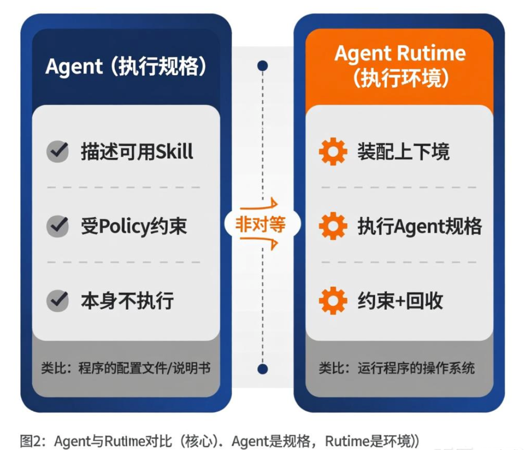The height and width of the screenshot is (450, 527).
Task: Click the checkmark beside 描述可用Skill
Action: (58, 152)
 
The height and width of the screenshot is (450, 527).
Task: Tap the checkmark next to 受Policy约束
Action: (58, 226)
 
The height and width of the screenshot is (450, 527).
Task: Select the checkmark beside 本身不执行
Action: (58, 301)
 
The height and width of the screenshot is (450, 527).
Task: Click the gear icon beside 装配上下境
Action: (333, 152)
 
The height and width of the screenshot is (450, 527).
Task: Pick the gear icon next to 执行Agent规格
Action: (333, 226)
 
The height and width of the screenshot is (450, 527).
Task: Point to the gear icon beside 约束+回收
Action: (333, 301)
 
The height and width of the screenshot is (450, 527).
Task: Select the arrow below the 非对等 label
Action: (260, 244)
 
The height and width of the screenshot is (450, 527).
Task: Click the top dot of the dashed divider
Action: (262, 66)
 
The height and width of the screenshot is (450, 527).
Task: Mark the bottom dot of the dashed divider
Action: (262, 369)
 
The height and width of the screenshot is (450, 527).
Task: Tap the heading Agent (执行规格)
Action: (126, 67)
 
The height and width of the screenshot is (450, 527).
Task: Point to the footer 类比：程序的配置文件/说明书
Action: (126, 368)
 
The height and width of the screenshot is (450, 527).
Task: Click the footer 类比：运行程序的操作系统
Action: (397, 368)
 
